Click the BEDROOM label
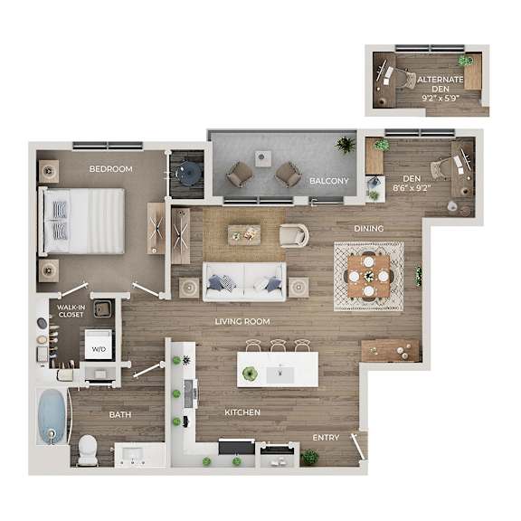point(110,169)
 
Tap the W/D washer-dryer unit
point(99,345)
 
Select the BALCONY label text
point(329,181)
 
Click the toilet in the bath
point(88,450)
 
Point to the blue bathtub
point(52,416)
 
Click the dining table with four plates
point(368,277)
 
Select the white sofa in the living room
point(244,282)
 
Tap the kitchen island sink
point(280,374)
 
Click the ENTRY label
point(326,438)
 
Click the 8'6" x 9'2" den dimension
point(412,188)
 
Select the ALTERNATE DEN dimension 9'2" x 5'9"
point(440,99)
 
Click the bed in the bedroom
point(81,222)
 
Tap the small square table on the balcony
point(263,159)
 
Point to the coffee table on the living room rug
point(244,235)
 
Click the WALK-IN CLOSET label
point(71,311)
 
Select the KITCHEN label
point(242,412)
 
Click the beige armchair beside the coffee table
point(294,235)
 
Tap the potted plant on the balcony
point(346,145)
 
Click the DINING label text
point(369,229)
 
